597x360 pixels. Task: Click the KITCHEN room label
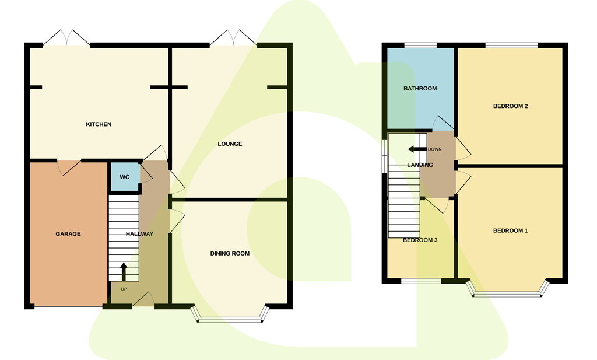tap(99, 124)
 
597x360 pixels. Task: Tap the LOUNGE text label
tap(230, 144)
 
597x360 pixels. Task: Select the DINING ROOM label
tap(230, 253)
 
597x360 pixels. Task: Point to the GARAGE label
tap(68, 234)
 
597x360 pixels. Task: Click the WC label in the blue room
tap(125, 177)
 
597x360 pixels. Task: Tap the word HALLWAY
tap(140, 234)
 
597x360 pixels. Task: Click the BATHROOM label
tap(420, 88)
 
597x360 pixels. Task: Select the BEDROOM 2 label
tap(510, 106)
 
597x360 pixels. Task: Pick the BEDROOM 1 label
tap(510, 230)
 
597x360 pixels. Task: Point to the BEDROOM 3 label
tap(420, 240)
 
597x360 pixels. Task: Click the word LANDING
tap(420, 165)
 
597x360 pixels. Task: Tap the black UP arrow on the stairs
tap(124, 272)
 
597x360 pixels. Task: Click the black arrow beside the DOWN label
tap(417, 149)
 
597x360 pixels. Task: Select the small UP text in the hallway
tap(124, 289)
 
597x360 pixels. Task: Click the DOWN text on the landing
tap(434, 149)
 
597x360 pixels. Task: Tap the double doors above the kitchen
tap(66, 38)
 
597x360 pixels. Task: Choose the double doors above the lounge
tap(233, 38)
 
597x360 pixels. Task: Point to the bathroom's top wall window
tap(420, 46)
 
